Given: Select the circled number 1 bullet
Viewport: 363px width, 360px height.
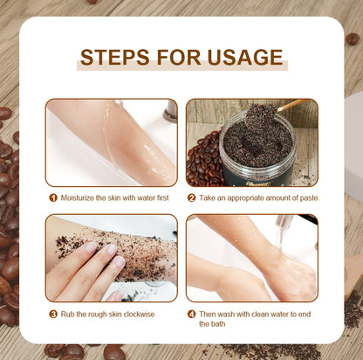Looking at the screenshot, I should (x=52, y=197).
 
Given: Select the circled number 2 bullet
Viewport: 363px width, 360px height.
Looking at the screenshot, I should (x=192, y=197).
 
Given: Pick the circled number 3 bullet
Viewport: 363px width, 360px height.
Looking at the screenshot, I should (x=52, y=313).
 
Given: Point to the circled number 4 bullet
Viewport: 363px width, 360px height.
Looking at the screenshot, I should (x=192, y=313).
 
